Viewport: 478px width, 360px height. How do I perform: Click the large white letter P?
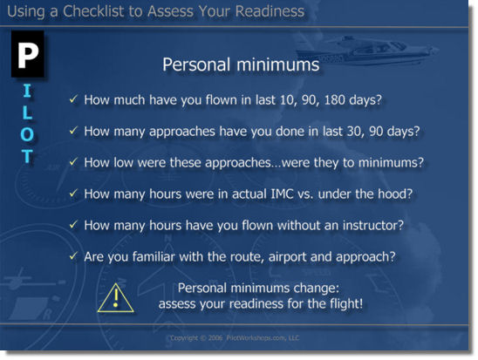(x=28, y=54)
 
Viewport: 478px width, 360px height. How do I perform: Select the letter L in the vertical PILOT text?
(x=28, y=113)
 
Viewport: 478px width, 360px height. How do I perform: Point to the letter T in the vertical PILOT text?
(x=28, y=157)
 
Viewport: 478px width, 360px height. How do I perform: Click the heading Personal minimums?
(x=241, y=65)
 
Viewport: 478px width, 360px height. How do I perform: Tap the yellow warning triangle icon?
(x=113, y=297)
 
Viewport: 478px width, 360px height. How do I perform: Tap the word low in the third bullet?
(x=130, y=162)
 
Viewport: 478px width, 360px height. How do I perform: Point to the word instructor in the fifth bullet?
(x=369, y=225)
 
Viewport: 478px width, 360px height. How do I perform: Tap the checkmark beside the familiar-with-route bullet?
(x=73, y=256)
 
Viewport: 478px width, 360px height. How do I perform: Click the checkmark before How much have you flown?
(x=73, y=99)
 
